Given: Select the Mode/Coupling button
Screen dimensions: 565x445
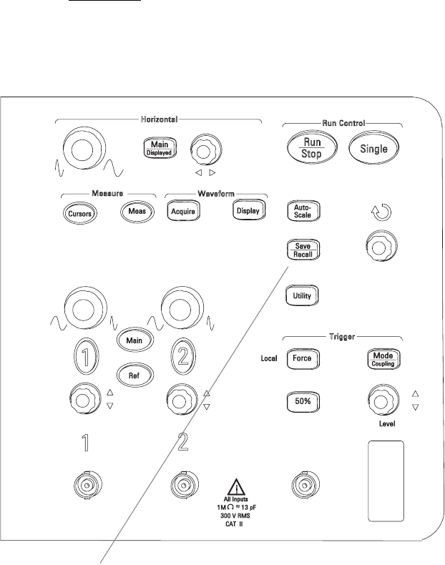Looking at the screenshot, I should point(383,358).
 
